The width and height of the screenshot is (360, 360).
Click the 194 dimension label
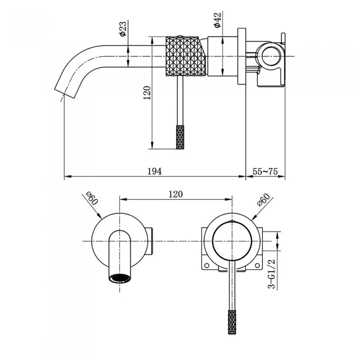154,171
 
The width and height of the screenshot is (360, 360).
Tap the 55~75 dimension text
265,171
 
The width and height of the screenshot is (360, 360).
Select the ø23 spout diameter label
123,28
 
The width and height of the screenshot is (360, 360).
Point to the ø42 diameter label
217,20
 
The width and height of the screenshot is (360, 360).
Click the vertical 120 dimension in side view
147,93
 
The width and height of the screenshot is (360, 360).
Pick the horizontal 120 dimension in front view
176,194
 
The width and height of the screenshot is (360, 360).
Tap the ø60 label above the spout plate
92,198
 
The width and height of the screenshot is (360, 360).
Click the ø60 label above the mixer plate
263,200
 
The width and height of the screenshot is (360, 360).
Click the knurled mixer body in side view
185,56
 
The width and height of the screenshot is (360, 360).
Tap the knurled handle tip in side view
180,137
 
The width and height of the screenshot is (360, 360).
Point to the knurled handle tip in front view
232,322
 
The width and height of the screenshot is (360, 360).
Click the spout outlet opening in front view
120,278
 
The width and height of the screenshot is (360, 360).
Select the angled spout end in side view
65,93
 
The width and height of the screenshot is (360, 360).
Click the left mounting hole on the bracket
207,265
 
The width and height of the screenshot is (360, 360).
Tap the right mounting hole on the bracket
257,265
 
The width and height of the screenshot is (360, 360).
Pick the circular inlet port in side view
272,56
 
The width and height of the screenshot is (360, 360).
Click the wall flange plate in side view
242,57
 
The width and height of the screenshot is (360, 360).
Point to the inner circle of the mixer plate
232,241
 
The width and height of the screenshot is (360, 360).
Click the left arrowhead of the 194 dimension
67,176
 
